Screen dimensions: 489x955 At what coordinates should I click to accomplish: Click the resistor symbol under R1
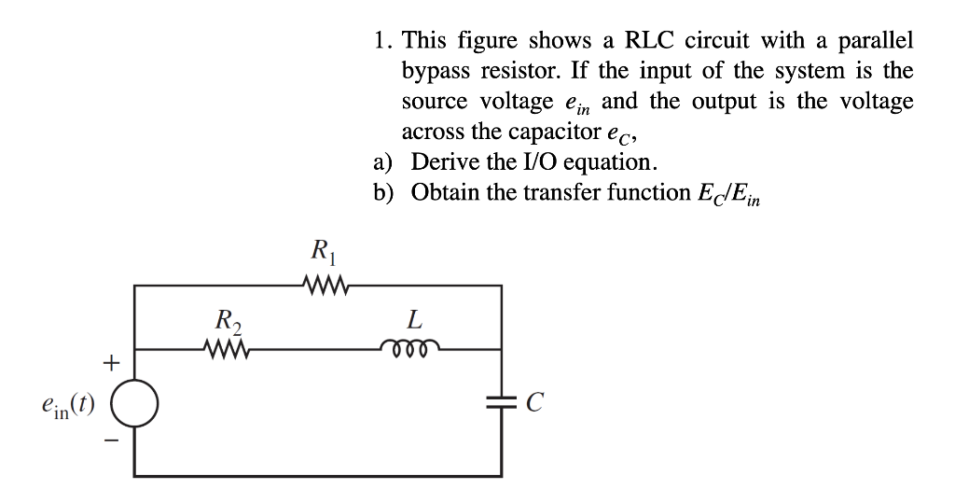point(322,285)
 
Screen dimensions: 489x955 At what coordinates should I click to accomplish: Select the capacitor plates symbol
point(502,402)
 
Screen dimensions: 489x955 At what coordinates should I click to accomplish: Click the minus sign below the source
point(109,446)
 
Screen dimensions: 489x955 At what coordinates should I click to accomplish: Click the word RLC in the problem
point(647,42)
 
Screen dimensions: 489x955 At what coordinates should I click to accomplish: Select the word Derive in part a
point(443,161)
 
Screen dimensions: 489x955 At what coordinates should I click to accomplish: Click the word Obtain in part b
point(445,191)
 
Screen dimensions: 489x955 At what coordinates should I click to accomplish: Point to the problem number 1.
point(380,42)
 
